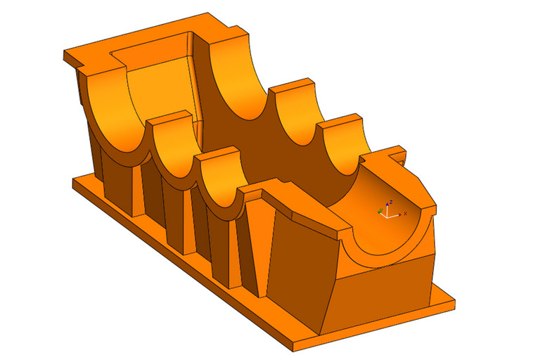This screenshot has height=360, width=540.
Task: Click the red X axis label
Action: click(405, 213)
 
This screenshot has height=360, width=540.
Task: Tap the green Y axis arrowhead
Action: click(379, 210)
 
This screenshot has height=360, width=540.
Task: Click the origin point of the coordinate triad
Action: click(385, 214)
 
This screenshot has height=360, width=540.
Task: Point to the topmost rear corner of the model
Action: click(205, 14)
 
